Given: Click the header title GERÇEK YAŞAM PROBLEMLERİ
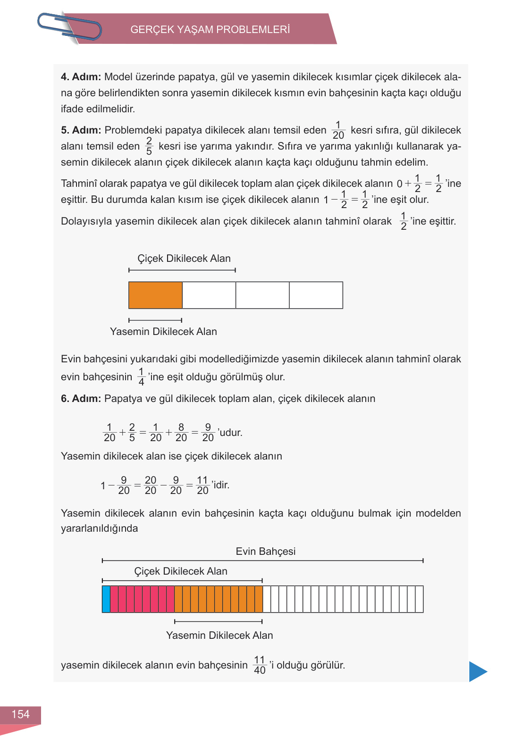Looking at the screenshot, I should click(x=210, y=30).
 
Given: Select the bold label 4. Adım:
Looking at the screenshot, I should click(x=81, y=77).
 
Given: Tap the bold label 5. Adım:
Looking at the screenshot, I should click(x=81, y=130).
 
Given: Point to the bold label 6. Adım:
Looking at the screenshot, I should click(x=81, y=399).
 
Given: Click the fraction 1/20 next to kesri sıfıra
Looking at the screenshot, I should click(x=338, y=130).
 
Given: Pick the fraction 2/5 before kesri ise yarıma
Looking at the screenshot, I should click(x=149, y=146).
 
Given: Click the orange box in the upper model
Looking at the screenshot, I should click(x=155, y=295).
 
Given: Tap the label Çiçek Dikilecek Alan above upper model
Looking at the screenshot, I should click(x=184, y=259).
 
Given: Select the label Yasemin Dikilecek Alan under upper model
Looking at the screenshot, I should click(x=163, y=332).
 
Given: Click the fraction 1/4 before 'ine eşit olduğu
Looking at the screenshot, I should click(x=141, y=377).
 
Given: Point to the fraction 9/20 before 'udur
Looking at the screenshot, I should click(x=208, y=433).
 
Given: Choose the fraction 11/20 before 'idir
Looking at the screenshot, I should click(x=202, y=485).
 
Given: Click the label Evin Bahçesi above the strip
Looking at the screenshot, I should click(x=265, y=552).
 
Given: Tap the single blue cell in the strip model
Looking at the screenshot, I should click(x=106, y=599).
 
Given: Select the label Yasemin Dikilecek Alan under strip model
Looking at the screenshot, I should click(x=219, y=636).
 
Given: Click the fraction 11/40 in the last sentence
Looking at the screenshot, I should click(x=260, y=665).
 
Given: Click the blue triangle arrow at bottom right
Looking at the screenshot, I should click(x=478, y=671).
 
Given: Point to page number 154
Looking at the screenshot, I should click(x=20, y=714).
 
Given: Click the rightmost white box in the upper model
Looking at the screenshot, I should click(x=316, y=295).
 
